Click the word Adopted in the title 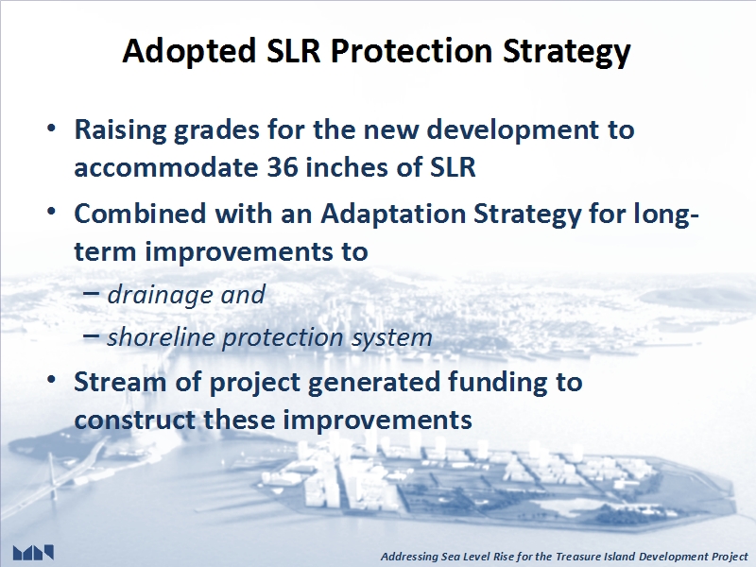(189, 52)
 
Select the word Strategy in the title (566, 52)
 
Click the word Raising (120, 130)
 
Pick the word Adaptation (393, 214)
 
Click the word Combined (140, 214)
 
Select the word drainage (160, 295)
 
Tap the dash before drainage (91, 292)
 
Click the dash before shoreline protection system (91, 335)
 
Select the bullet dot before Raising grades (51, 129)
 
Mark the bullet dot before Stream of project (51, 380)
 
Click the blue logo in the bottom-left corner (33, 553)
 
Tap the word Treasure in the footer (576, 557)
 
